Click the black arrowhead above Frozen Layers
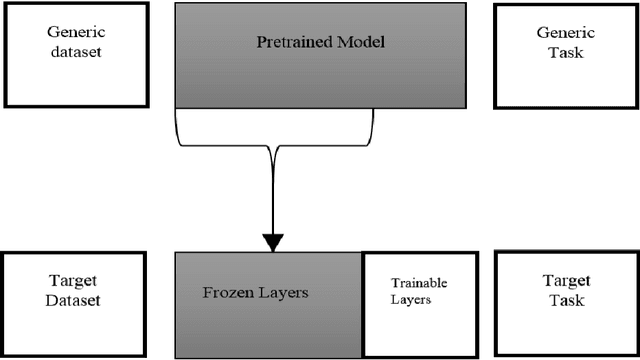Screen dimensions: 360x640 click(x=272, y=242)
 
